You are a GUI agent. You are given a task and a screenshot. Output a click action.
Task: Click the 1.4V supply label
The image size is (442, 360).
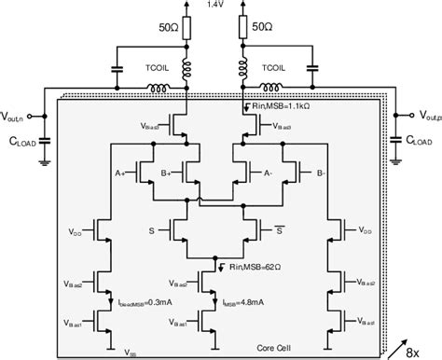pyautogui.click(x=214, y=5)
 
